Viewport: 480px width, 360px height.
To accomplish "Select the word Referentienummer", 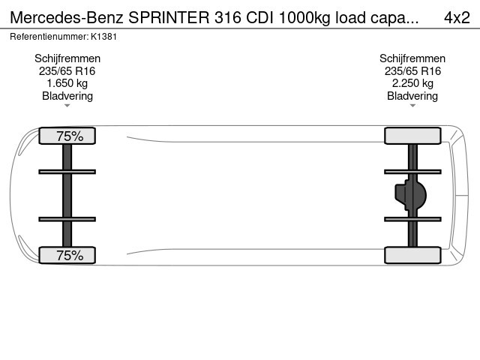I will (x=47, y=36).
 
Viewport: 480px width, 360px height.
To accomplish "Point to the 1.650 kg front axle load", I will (x=67, y=83).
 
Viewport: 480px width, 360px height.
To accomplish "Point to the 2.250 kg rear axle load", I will (x=412, y=83).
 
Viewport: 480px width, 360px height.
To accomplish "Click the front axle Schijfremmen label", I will (x=67, y=58).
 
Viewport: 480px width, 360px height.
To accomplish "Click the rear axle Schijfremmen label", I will (x=412, y=58).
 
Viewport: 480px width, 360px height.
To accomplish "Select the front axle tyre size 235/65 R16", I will (x=67, y=71).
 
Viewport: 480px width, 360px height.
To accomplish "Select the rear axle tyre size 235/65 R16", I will (x=412, y=71).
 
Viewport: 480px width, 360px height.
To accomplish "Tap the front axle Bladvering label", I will (x=67, y=96).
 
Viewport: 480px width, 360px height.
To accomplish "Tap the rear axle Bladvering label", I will (x=412, y=96).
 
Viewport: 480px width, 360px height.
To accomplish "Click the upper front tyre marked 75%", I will (x=67, y=136).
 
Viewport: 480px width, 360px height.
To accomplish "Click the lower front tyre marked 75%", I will (x=67, y=255).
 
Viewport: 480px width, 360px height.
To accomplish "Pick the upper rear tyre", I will (x=412, y=136).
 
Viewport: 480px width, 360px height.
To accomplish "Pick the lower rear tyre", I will (x=412, y=255).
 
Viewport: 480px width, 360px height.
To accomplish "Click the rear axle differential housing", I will (x=411, y=195).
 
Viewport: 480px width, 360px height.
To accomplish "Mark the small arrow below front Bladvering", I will (x=67, y=106).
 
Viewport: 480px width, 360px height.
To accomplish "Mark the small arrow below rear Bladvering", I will (x=412, y=106).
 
